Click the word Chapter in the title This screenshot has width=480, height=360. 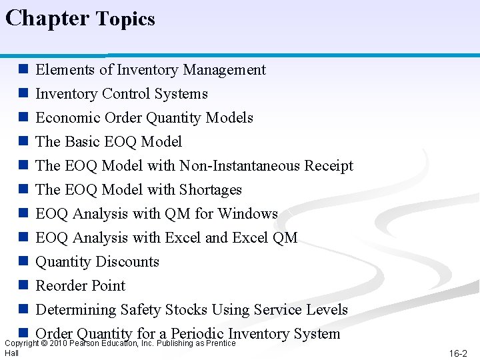coord(47,17)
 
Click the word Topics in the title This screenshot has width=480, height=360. coord(125,19)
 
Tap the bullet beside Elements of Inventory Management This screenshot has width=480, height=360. coord(23,69)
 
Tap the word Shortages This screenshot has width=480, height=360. coord(209,190)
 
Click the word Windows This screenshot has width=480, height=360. coord(247,214)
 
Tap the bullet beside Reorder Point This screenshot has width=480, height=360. coord(23,285)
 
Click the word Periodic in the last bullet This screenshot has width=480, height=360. coord(197,333)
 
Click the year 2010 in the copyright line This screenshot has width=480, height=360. coord(58,343)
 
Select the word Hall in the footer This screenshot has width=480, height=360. coord(11,353)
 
